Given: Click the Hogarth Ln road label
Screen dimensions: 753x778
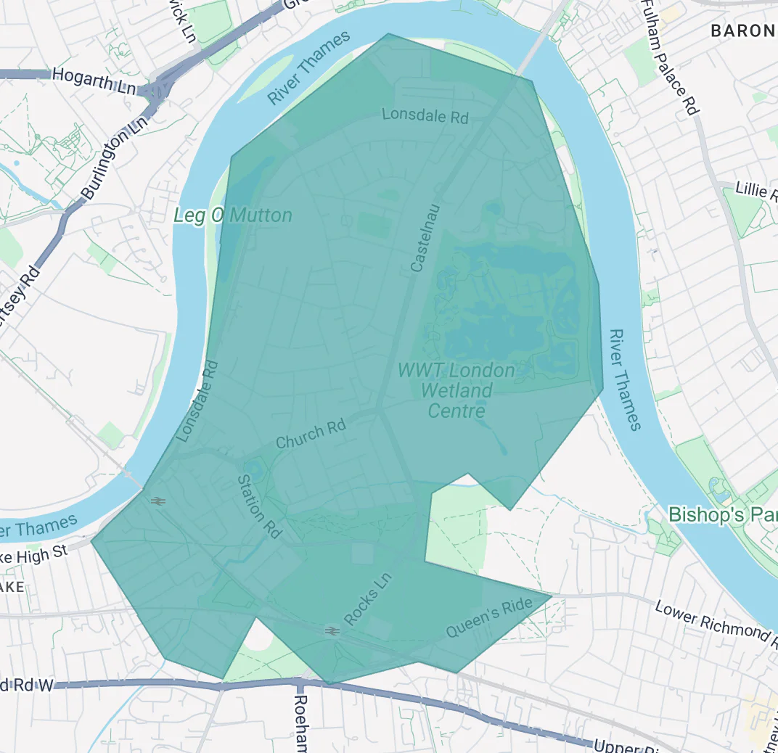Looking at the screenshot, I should pos(94,80).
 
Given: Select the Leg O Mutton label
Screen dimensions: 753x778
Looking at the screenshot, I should pos(233,215).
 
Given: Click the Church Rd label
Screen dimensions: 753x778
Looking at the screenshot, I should pos(311,434).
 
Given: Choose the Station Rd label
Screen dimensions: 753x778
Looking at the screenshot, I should pos(260,506).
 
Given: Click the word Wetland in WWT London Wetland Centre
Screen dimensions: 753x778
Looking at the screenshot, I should pos(456,391).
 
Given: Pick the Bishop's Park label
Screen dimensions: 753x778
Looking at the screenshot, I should pos(722,514).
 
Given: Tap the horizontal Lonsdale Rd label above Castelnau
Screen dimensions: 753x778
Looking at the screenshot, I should pos(425,115).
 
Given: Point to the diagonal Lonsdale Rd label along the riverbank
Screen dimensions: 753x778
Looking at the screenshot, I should pos(197,401).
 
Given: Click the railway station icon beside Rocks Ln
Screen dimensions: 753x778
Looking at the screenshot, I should pos(332,631).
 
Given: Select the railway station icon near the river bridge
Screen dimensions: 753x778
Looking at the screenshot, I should pos(156,500).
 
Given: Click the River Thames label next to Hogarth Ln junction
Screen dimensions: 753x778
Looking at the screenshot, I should pos(308,67).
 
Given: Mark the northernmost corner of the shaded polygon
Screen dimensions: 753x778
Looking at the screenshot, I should pos(388,33).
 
